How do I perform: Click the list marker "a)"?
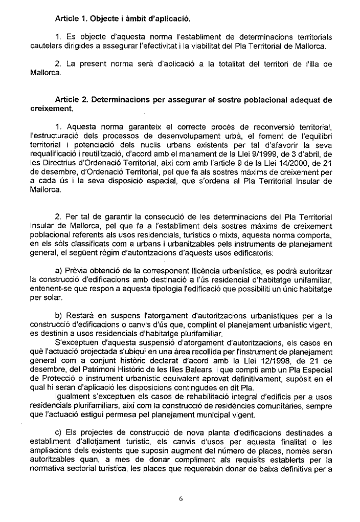click(x=59, y=270)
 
